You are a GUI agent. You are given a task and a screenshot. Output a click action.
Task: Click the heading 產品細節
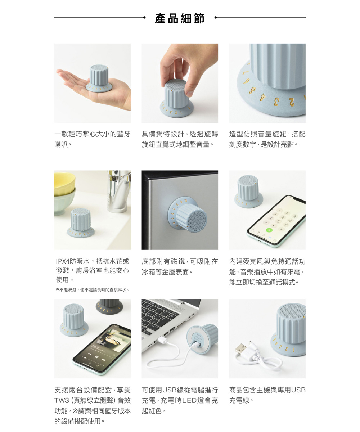pyautogui.click(x=180, y=18)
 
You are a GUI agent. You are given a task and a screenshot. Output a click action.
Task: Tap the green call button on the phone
pyautogui.click(x=269, y=230)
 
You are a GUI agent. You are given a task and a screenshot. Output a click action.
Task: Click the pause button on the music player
pyautogui.click(x=96, y=357)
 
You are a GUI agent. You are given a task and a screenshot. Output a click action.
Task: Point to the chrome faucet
pyautogui.click(x=118, y=192)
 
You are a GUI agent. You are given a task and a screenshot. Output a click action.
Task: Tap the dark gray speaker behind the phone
pyautogui.click(x=109, y=306)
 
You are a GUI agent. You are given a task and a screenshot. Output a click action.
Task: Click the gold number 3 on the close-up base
pyautogui.click(x=276, y=102)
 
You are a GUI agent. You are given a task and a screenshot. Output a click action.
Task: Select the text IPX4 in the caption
pyautogui.click(x=63, y=261)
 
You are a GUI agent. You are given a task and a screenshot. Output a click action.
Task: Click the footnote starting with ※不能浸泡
pyautogui.click(x=93, y=290)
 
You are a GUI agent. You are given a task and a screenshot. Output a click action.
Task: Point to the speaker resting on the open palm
pyautogui.click(x=99, y=78)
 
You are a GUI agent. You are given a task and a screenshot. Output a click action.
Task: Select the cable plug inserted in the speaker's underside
pyautogui.click(x=194, y=345)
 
